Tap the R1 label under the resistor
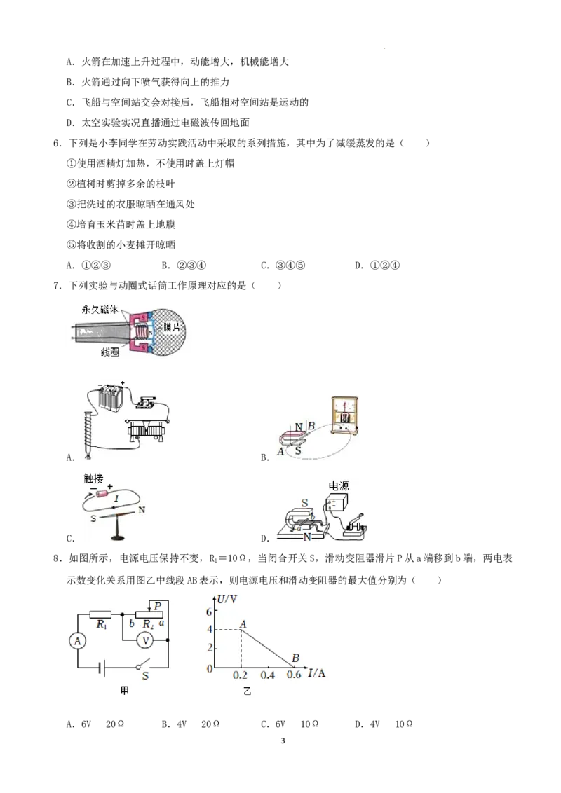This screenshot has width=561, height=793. click(102, 624)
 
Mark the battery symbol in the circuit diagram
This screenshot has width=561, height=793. click(104, 668)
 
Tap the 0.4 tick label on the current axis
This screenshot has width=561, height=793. click(267, 675)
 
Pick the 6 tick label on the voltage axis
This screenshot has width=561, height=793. click(208, 612)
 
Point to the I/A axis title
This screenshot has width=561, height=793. click(317, 674)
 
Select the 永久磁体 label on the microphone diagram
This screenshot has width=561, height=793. click(100, 308)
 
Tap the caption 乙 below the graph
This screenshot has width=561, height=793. click(246, 691)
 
